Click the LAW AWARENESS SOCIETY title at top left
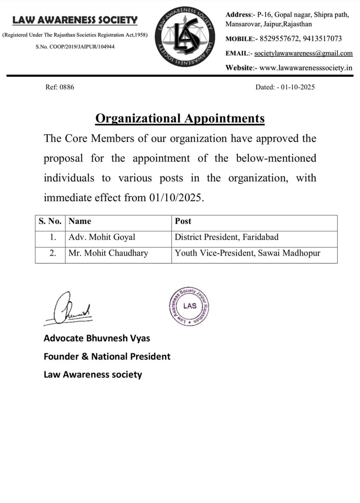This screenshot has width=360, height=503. click(75, 19)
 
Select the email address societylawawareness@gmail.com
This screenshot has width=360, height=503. click(303, 53)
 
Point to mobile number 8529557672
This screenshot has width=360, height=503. click(279, 39)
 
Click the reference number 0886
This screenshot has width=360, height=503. click(68, 88)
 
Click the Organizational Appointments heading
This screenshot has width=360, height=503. click(180, 119)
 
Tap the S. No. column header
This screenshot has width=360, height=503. click(50, 221)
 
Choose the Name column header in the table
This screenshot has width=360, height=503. click(80, 221)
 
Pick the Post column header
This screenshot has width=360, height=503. click(183, 221)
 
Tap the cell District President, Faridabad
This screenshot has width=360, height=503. click(227, 237)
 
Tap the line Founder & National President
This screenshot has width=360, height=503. click(107, 357)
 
